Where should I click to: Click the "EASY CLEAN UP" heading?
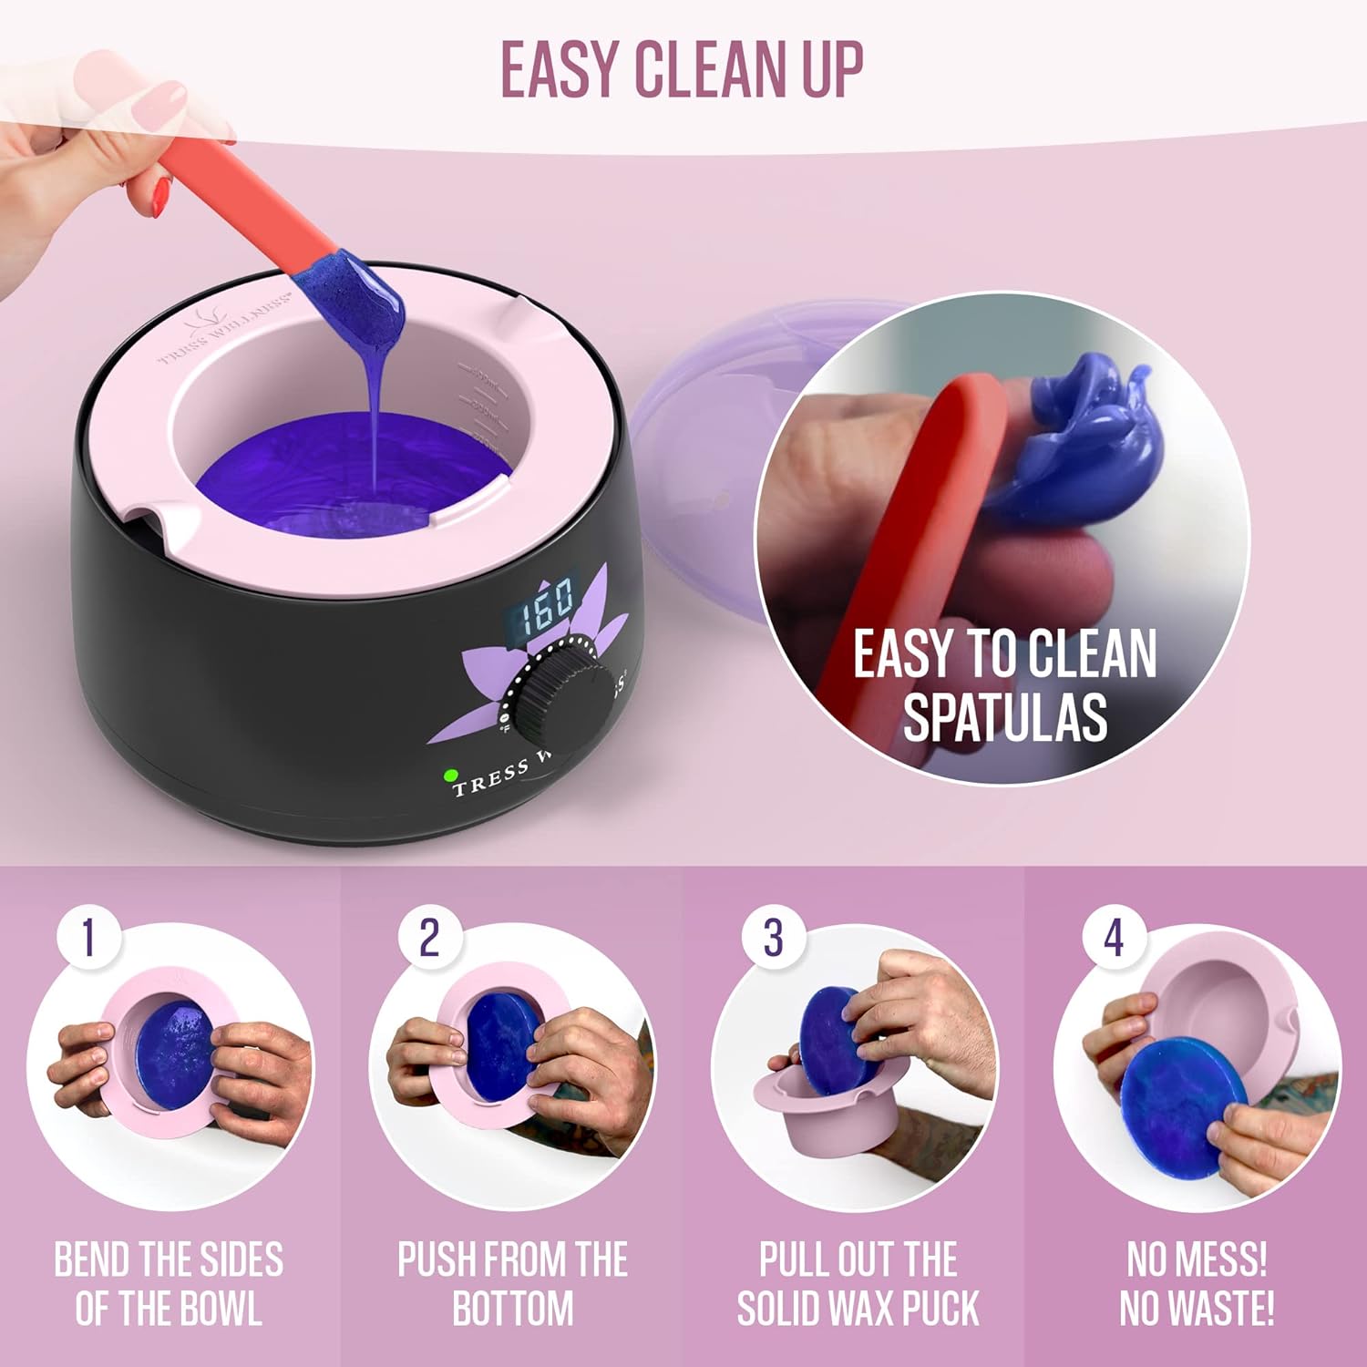682,69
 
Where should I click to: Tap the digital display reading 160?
545,605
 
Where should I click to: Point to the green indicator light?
450,776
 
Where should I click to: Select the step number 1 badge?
88,937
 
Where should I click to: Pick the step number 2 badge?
429,937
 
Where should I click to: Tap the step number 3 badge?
773,937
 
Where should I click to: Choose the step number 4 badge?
1114,937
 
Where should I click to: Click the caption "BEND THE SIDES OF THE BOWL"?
170,1283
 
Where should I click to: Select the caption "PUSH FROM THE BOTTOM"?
513,1283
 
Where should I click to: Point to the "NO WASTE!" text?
1197,1308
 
